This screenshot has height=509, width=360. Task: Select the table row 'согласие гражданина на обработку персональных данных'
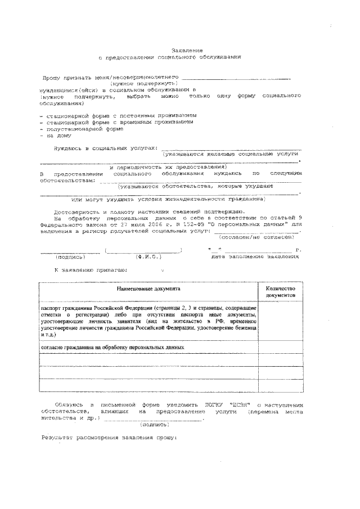[x=113, y=347]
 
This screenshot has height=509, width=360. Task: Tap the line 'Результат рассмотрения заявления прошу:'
[x=109, y=438]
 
